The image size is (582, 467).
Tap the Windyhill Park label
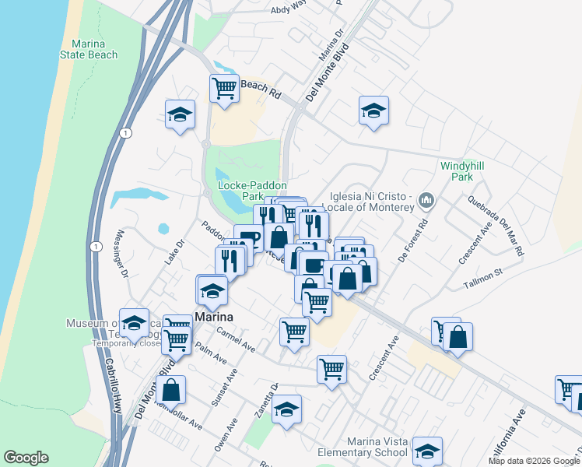(457, 171)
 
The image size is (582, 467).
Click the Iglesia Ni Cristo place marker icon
(426, 201)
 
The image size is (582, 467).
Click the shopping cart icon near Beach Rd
(224, 88)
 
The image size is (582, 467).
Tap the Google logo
(26, 458)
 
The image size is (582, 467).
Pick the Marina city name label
(215, 318)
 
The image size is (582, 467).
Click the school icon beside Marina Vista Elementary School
(427, 451)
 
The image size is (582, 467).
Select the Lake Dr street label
(174, 253)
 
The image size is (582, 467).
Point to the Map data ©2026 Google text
(533, 461)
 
